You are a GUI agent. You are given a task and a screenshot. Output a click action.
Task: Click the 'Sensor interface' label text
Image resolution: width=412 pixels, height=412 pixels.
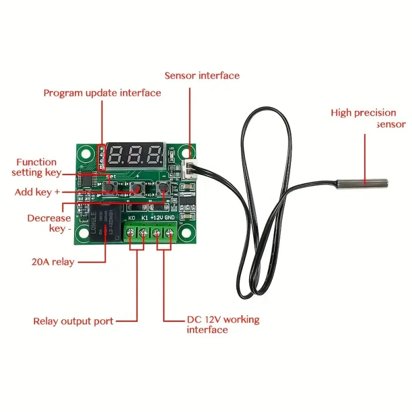tap(202, 76)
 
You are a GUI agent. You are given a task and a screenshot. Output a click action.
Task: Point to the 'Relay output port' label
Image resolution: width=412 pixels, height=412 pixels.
tap(73, 321)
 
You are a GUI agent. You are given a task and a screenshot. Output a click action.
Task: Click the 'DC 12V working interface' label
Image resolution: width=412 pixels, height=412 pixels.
tap(223, 324)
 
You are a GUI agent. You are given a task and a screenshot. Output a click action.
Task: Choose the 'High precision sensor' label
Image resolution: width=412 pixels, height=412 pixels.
tap(367, 118)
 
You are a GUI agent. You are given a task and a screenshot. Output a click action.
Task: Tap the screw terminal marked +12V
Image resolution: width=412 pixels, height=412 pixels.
tap(157, 234)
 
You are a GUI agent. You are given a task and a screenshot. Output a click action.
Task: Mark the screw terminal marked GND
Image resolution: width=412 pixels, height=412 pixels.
tap(169, 234)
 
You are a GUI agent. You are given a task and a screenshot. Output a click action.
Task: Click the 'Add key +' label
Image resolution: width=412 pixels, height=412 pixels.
tap(37, 192)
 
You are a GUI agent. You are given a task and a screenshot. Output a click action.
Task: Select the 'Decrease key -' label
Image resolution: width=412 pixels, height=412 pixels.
tap(49, 223)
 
